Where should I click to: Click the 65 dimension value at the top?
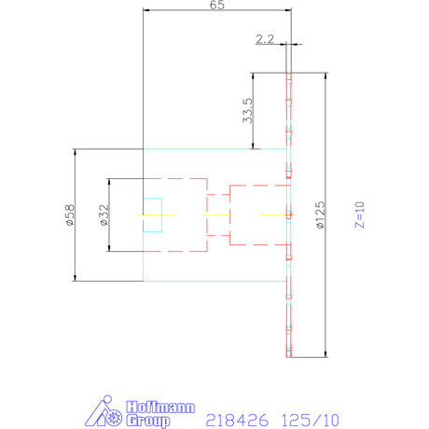coord(215,6)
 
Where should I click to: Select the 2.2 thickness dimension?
coord(263,38)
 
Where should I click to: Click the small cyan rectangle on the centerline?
coord(152,214)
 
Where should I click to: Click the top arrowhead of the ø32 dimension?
coord(110,180)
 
